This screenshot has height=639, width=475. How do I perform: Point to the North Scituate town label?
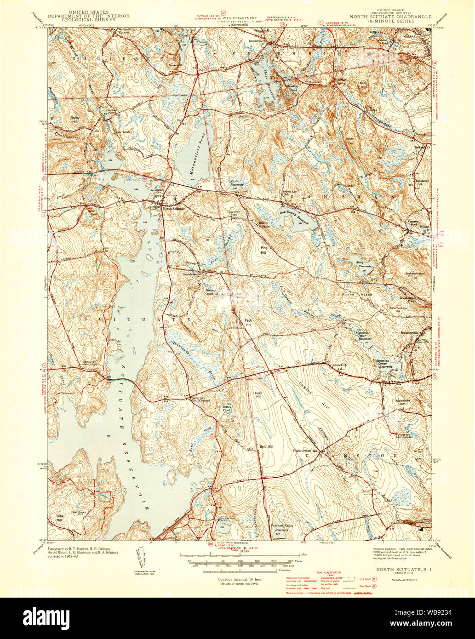coord(173,208)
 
